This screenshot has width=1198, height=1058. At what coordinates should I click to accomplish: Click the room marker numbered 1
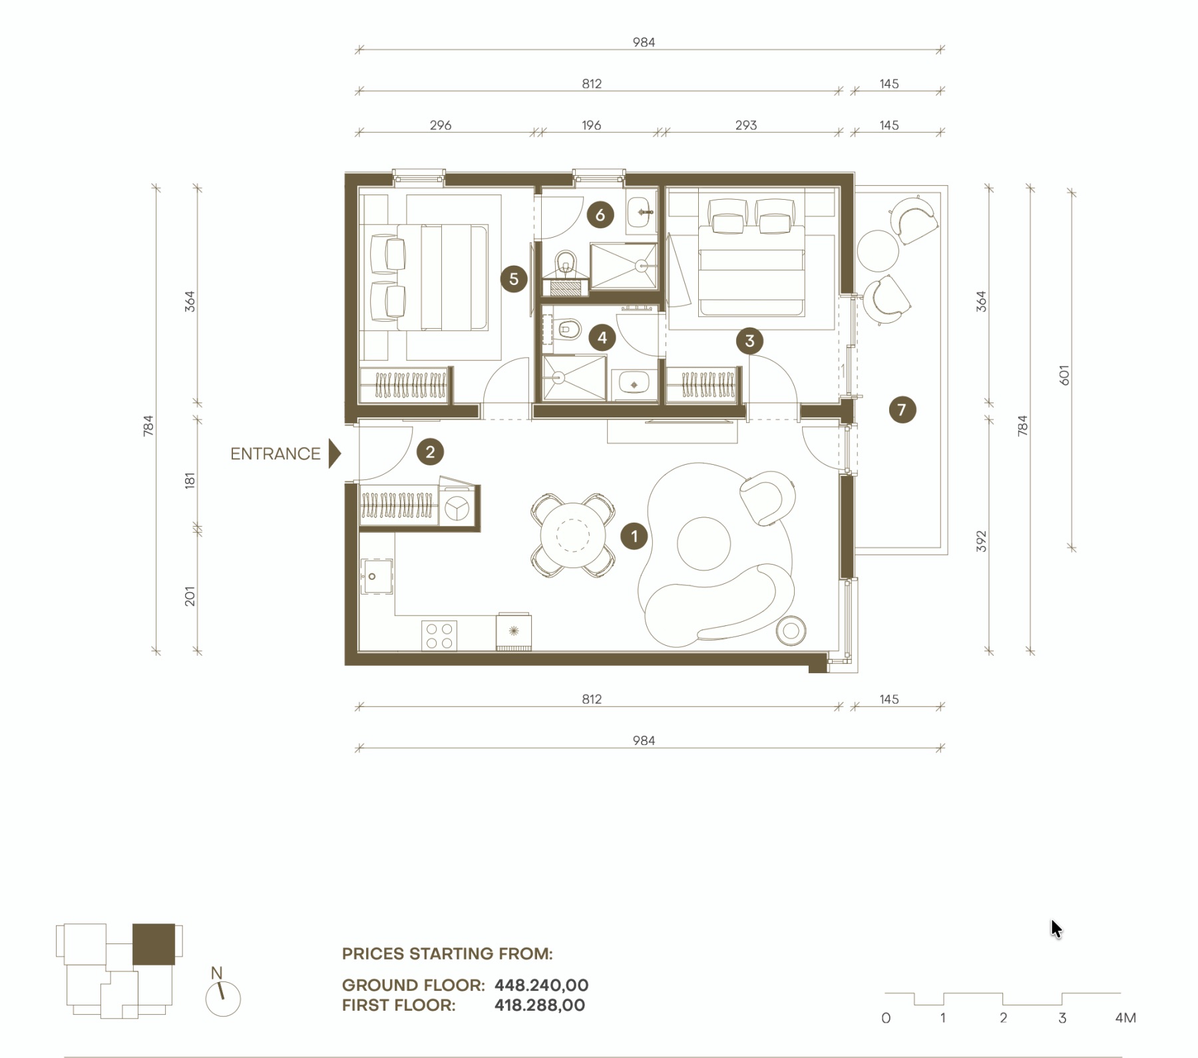634,536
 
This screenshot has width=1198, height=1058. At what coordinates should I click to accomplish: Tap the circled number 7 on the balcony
902,409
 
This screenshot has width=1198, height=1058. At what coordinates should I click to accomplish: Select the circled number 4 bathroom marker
602,338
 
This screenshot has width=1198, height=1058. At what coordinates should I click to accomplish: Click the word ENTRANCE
275,453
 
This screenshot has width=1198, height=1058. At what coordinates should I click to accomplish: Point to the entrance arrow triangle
335,453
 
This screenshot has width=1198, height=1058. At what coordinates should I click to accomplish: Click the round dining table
572,535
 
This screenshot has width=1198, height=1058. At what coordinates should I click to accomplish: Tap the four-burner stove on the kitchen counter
439,635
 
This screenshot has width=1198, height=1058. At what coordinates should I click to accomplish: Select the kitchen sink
377,577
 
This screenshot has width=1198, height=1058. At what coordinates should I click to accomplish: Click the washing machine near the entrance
457,508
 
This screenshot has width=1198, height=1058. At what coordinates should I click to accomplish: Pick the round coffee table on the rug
703,543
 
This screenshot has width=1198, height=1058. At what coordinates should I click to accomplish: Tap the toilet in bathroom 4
567,329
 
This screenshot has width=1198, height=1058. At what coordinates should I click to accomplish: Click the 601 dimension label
1064,376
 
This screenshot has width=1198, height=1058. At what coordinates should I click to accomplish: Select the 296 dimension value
441,125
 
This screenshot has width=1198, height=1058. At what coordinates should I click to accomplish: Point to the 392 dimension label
981,541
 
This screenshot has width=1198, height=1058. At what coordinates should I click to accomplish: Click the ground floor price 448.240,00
542,985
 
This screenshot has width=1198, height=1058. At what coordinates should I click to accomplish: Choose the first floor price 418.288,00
540,1005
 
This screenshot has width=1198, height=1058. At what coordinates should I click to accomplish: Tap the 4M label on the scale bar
1125,1018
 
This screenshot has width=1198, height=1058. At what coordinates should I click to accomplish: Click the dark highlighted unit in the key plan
154,944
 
